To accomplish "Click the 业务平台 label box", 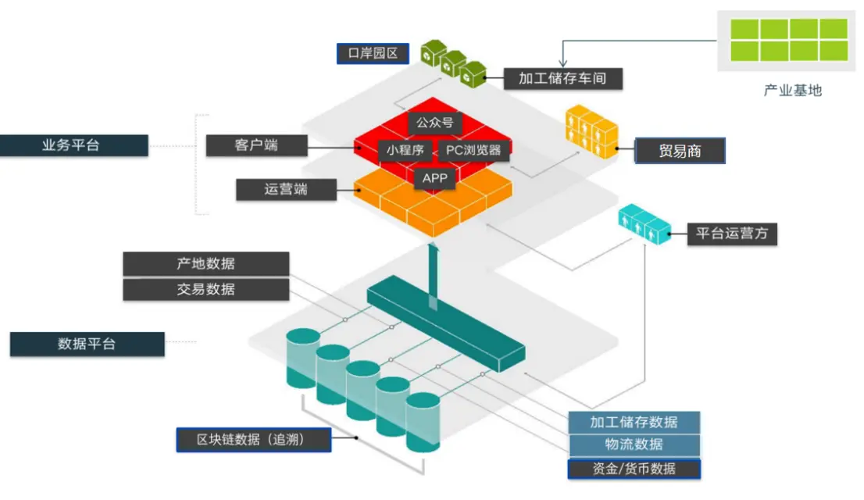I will point(73,145).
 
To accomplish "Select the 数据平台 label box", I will point(87,344).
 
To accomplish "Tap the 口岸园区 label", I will point(373,53).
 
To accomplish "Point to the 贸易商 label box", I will point(680,151).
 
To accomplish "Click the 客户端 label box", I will point(255,145).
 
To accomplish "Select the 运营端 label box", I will point(285,189).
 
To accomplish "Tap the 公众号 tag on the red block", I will point(434,123).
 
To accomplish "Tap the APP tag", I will point(435,178).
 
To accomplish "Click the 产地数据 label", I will point(205,263).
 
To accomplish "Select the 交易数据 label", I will point(205,289).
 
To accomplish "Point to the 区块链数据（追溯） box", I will point(253,440).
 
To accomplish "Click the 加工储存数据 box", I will point(634,422).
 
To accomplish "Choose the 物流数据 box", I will point(634,445).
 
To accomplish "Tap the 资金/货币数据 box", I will point(634,469).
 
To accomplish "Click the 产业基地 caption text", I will point(792,91).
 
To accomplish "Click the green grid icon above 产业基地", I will point(788,40).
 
